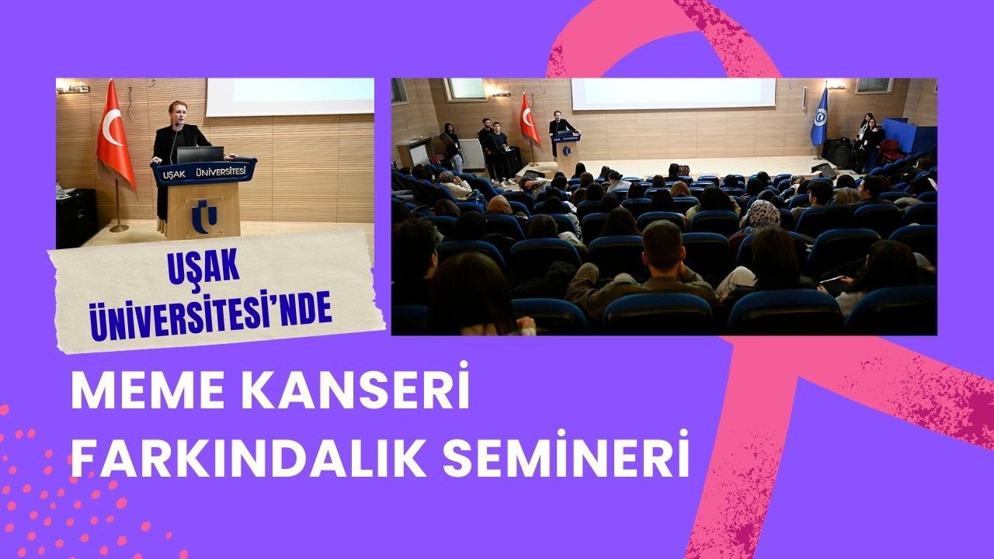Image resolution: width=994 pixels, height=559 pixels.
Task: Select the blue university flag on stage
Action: pyautogui.click(x=819, y=116)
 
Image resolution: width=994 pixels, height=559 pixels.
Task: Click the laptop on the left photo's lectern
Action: pyautogui.click(x=200, y=154)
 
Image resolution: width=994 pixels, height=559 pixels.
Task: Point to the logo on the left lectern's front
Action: pyautogui.click(x=204, y=216)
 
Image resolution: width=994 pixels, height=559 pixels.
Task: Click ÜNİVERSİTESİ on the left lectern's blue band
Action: pyautogui.click(x=221, y=172)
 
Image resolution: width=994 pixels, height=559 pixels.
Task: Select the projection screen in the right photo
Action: pyautogui.click(x=673, y=94)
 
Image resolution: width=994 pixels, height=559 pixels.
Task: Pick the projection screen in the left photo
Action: pyautogui.click(x=290, y=97)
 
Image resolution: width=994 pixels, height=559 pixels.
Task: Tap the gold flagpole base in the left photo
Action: pyautogui.click(x=119, y=228)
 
